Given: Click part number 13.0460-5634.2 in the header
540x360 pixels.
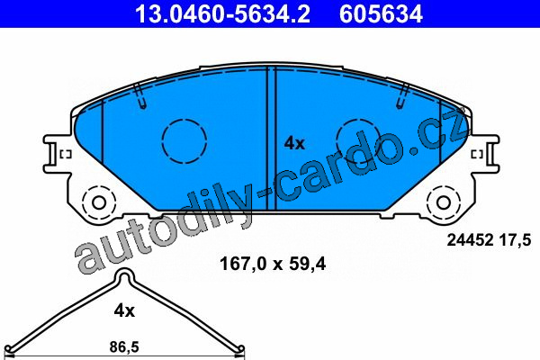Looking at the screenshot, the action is point(223,14).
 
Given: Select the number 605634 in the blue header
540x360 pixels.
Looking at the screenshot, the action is point(381,14).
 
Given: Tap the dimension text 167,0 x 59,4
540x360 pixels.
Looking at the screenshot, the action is point(273,265).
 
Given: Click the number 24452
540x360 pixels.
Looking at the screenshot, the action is point(470,239).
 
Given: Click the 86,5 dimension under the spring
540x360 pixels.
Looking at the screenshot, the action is point(124,346).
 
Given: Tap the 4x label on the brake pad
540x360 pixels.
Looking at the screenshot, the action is point(294,143).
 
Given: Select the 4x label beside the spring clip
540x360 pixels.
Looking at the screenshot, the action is point(124,311).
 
